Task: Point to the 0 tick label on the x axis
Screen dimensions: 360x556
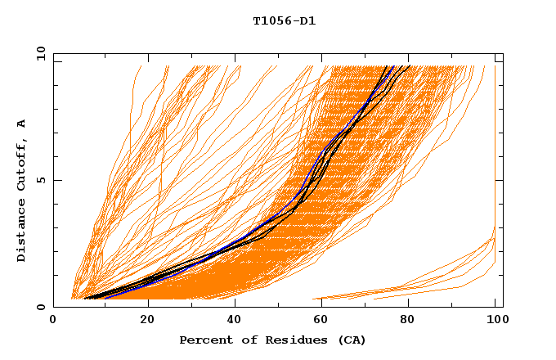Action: tap(54, 322)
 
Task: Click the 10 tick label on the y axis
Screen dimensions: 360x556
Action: tap(40, 54)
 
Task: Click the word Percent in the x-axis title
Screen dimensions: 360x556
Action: tap(201, 340)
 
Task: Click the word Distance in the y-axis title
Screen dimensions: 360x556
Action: tap(22, 231)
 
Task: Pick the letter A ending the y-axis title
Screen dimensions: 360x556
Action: tap(22, 124)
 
